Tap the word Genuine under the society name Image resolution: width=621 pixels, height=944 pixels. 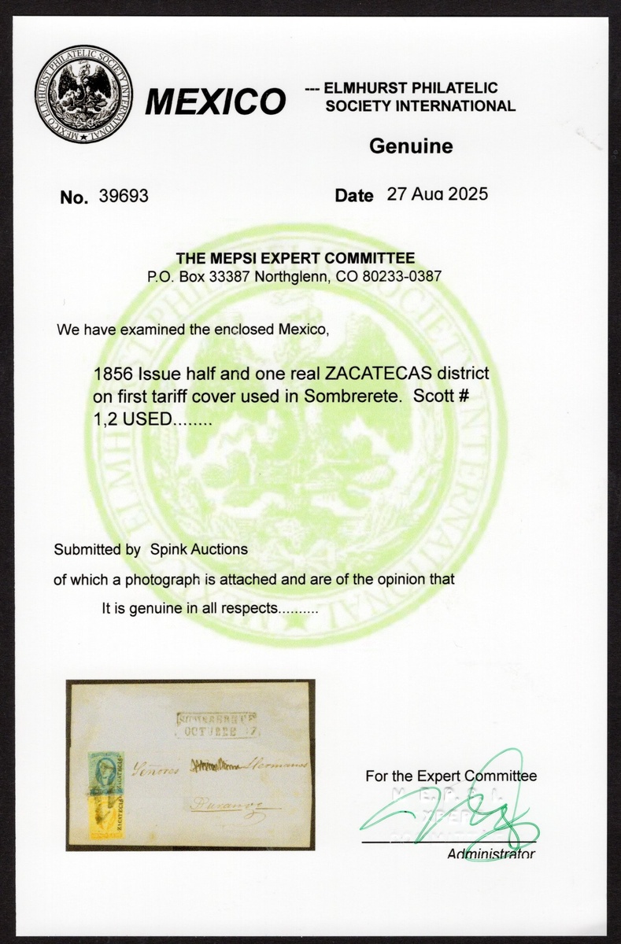coord(411,146)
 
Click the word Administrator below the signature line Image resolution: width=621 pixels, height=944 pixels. coord(491,854)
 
